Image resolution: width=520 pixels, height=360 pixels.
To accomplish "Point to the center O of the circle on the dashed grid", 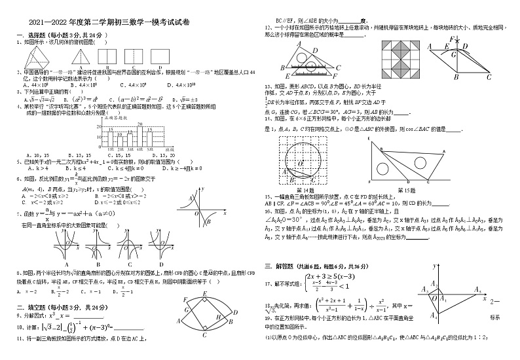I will click(x=300, y=161).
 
